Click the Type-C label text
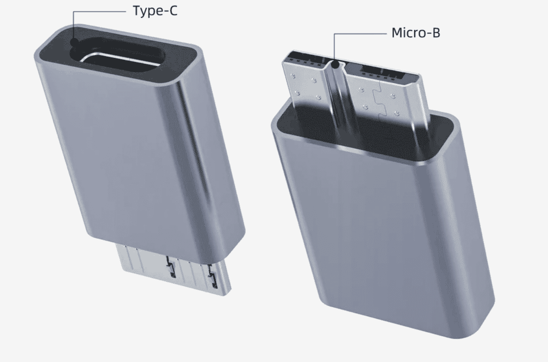[x=155, y=10]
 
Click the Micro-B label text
[x=416, y=33]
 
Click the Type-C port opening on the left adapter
[x=121, y=62]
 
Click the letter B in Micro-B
[x=436, y=33]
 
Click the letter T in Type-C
[x=136, y=10]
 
